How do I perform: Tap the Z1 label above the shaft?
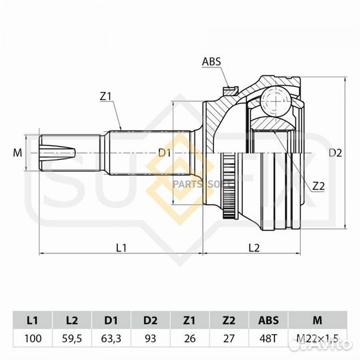pos(105,97)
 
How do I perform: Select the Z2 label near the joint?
pos(318,186)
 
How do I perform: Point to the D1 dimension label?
pos(165,153)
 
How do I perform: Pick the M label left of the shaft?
pos(18,153)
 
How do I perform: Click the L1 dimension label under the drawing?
pos(121,248)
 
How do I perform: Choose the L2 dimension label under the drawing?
pos(254,248)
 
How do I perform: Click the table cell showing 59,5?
pos(73,338)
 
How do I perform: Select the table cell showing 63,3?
pos(112,338)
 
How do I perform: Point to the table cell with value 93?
pos(151,338)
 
